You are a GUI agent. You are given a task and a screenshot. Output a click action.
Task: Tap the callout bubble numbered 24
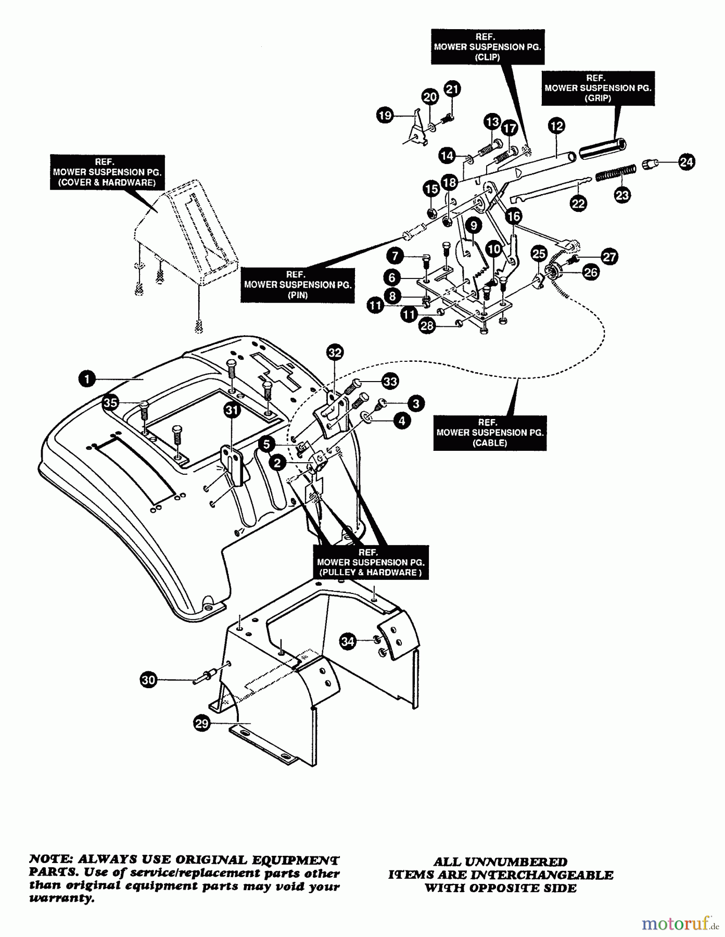686,162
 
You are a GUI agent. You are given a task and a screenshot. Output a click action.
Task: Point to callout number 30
149,679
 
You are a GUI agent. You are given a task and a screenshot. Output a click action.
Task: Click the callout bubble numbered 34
348,641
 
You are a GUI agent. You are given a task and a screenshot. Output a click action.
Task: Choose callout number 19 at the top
385,115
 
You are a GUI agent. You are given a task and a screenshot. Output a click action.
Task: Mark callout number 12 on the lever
556,126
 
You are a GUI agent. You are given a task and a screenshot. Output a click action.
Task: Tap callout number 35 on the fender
110,402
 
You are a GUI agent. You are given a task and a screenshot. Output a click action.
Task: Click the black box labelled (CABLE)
490,433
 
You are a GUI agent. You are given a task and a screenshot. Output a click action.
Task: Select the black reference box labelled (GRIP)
597,88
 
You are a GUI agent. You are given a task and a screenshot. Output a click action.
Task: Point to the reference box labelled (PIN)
297,285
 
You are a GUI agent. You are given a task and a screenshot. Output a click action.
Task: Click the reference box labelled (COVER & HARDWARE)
107,172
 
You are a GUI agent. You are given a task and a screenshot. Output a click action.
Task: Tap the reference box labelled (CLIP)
487,47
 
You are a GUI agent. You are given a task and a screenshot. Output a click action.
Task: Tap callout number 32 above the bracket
335,353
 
